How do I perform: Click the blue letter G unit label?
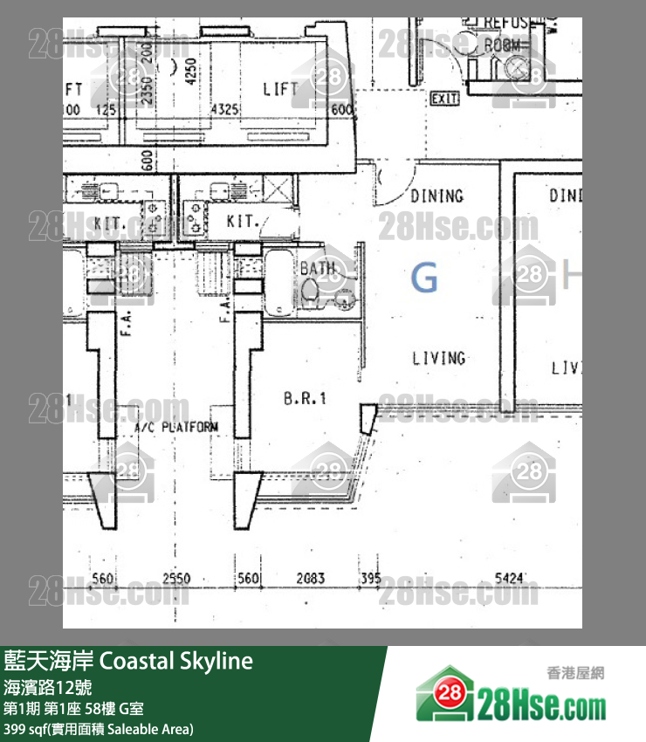click(x=424, y=278)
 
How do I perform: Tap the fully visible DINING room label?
click(x=436, y=196)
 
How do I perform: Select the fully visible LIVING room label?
click(x=438, y=358)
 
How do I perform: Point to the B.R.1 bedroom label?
click(x=305, y=399)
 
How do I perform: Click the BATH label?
click(x=318, y=269)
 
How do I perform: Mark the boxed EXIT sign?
click(x=444, y=100)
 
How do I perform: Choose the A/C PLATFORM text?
click(x=177, y=428)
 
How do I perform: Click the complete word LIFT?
click(x=281, y=89)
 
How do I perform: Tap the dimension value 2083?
click(x=311, y=579)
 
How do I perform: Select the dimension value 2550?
click(x=176, y=579)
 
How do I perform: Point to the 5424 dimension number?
click(x=509, y=579)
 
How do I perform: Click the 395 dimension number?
click(x=370, y=579)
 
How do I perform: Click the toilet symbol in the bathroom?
click(x=316, y=294)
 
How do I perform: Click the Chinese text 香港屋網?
click(x=575, y=673)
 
